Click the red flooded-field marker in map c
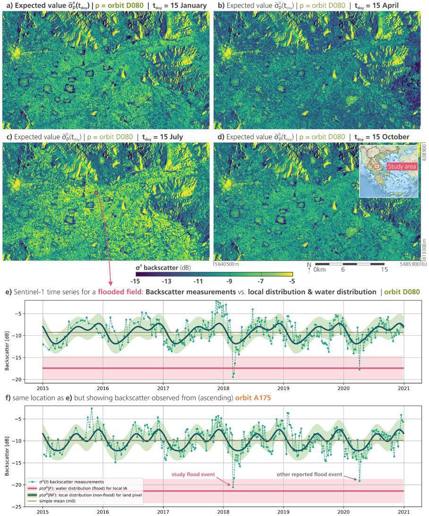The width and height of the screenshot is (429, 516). click(x=96, y=193)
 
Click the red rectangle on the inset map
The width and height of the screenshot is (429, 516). click(x=377, y=166)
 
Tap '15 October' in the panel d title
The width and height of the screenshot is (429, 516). click(x=389, y=137)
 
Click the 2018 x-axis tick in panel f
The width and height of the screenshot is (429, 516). click(x=223, y=511)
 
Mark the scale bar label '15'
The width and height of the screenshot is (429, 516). click(x=384, y=269)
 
